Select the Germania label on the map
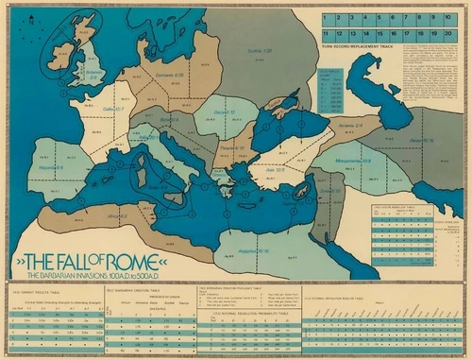point(169,75)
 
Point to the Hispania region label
point(52,167)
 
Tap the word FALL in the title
point(80,258)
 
